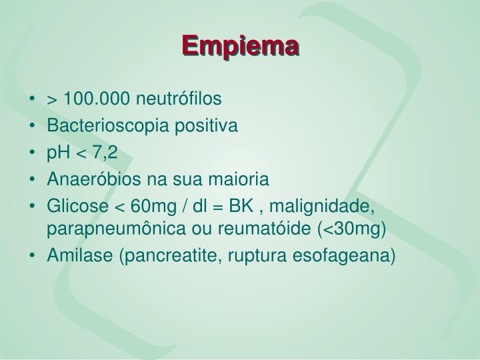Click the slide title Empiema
coord(240,47)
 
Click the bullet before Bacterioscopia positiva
coord(33,126)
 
